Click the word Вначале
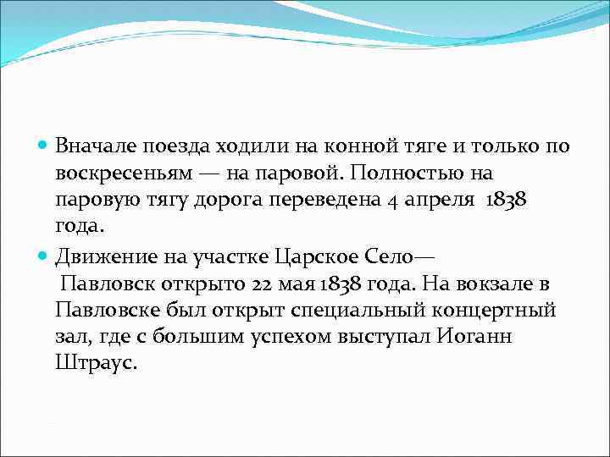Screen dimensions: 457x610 click(89, 146)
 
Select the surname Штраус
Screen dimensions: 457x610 click(93, 365)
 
